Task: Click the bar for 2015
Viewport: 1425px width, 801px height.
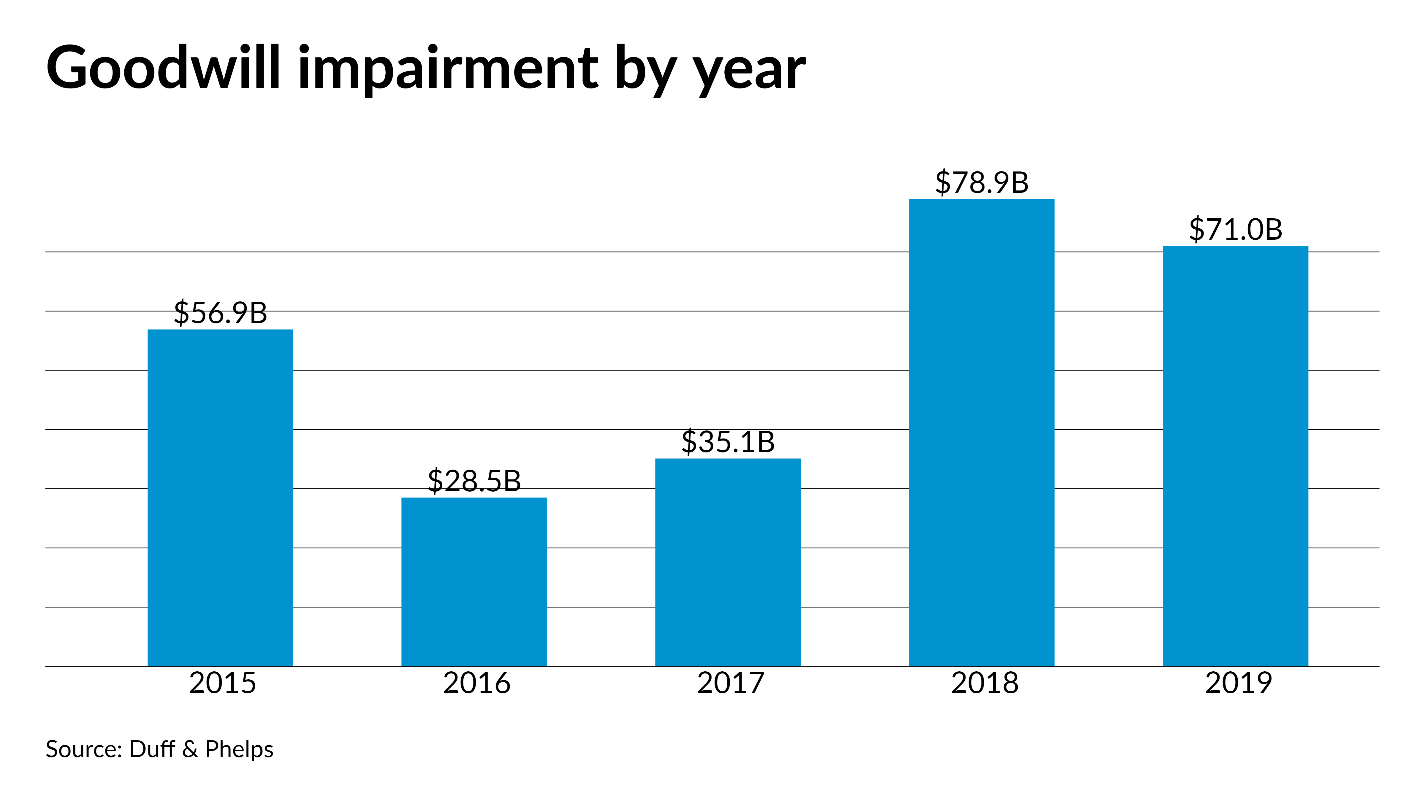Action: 220,498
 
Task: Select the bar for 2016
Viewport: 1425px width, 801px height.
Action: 474,581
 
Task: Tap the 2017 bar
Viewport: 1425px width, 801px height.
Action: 728,562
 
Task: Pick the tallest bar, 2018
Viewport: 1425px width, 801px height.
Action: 982,432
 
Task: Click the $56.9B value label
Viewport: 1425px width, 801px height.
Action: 220,313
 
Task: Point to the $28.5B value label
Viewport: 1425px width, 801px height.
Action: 474,481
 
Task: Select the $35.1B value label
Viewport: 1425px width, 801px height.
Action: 728,442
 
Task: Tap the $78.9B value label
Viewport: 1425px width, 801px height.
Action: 982,182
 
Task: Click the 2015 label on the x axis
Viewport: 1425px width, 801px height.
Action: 222,683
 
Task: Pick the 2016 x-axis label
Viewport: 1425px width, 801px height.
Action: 476,683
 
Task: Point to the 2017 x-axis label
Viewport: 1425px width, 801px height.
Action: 730,683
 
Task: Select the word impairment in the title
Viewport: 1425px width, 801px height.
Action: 448,69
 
